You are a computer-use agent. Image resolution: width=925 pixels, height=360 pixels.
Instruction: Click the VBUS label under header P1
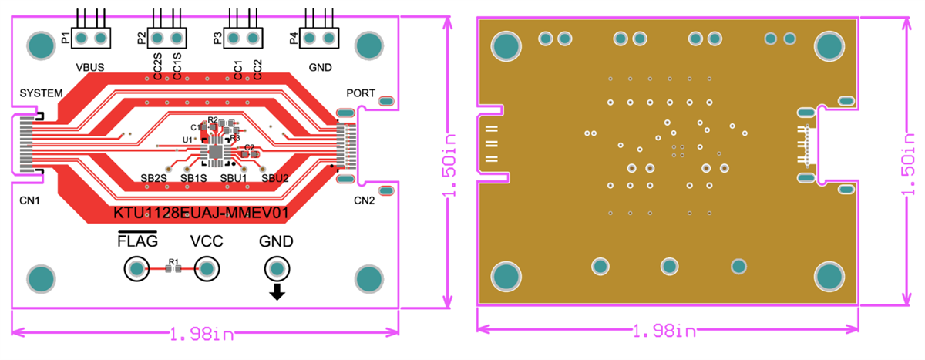click(91, 67)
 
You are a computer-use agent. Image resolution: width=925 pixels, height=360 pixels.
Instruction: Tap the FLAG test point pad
click(136, 269)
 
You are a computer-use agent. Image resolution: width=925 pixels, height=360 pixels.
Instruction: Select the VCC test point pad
click(206, 269)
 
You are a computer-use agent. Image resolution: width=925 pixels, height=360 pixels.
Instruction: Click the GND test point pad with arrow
click(276, 269)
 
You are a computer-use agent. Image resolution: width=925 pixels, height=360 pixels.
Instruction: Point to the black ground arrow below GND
click(276, 291)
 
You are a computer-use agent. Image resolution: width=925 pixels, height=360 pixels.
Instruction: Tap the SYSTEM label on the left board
click(41, 93)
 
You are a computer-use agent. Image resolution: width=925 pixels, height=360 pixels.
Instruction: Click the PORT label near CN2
click(361, 93)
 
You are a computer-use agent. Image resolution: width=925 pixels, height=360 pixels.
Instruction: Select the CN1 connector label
click(31, 200)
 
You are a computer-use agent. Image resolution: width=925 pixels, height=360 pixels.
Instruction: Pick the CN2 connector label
click(364, 200)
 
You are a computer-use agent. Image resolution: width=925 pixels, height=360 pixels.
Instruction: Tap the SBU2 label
click(274, 178)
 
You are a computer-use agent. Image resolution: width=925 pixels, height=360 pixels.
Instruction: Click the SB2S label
click(154, 178)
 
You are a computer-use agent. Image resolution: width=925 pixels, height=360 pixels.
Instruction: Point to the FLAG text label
click(137, 241)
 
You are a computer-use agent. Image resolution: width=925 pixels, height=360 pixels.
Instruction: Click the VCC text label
click(207, 241)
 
